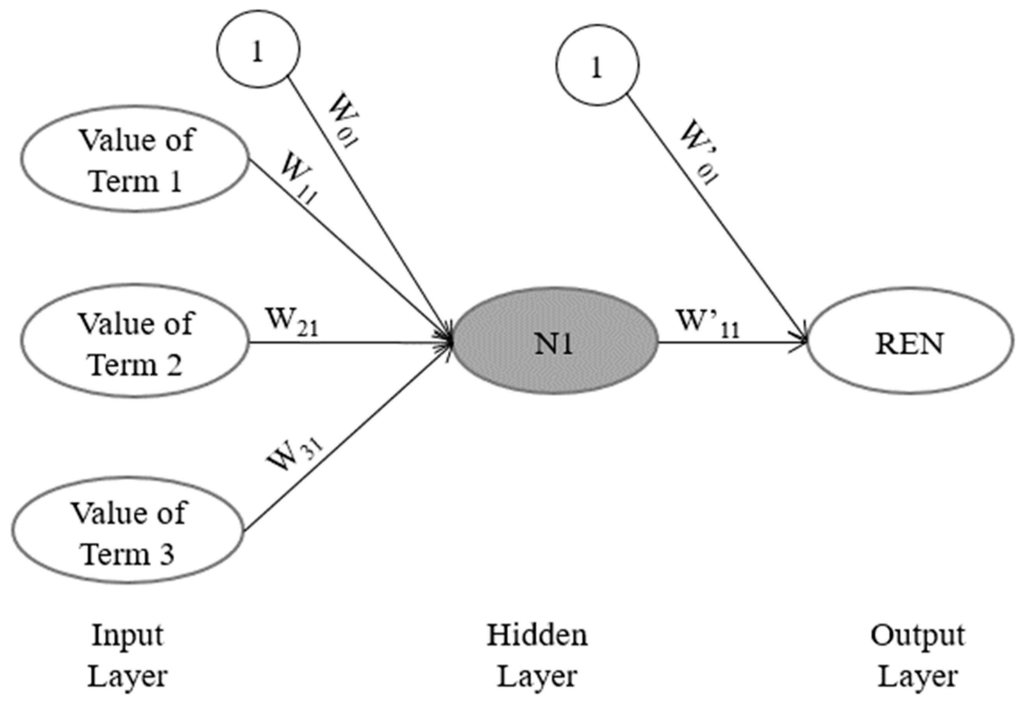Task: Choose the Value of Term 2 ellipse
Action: pos(135,342)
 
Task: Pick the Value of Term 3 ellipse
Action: pos(128,532)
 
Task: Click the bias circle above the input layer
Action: pos(258,48)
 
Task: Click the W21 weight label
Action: pos(291,322)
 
